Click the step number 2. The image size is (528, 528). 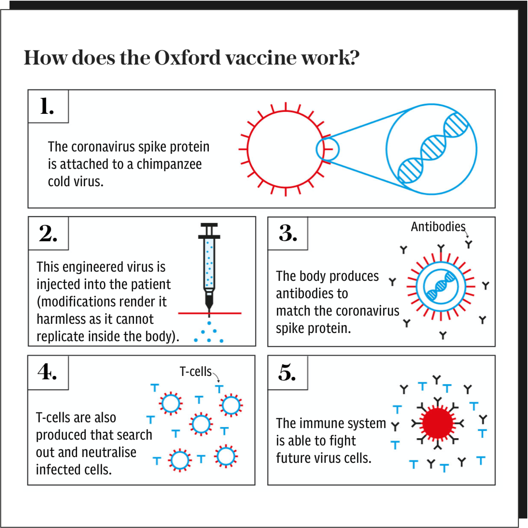48,234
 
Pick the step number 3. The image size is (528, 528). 288,234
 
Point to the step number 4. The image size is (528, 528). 47,372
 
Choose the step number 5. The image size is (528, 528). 287,373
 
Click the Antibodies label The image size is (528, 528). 438,227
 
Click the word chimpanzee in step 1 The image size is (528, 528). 169,164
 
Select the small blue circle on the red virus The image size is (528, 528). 328,149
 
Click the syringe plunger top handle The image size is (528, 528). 209,225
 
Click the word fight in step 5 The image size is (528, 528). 343,440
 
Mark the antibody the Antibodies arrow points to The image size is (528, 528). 469,244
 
